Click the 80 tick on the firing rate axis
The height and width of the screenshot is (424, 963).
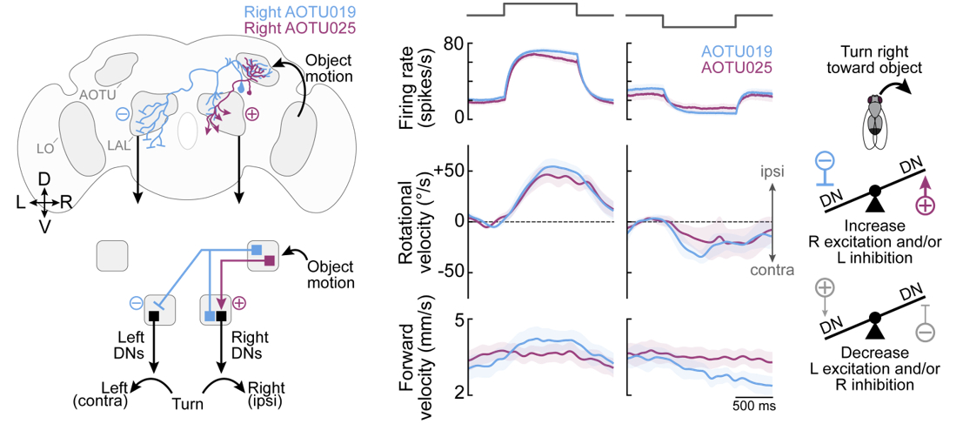[450, 44]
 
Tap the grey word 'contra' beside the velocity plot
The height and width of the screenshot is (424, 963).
[772, 271]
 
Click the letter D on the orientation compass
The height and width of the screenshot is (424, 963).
[43, 179]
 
